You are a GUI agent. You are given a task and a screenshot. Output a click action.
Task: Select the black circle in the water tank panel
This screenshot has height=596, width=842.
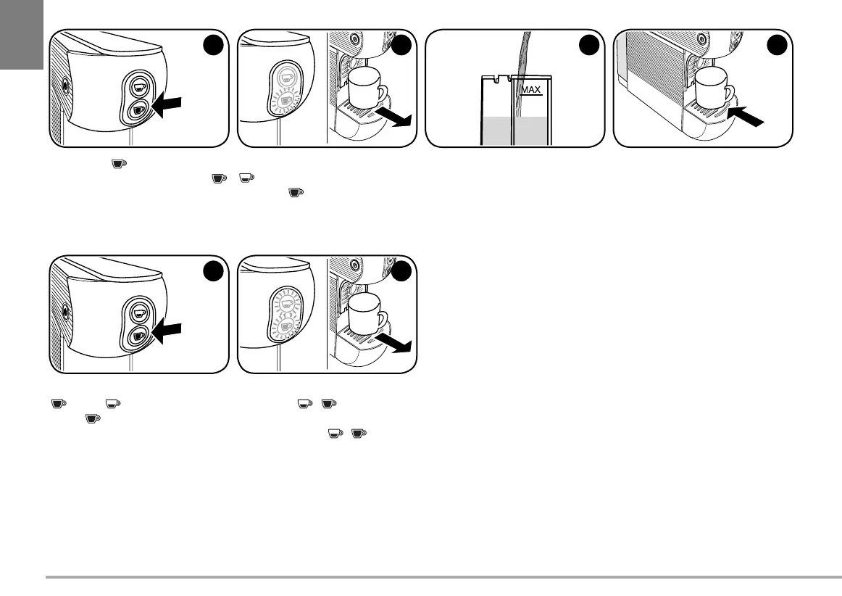pyautogui.click(x=591, y=44)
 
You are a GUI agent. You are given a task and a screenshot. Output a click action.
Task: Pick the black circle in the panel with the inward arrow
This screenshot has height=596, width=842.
pyautogui.click(x=779, y=44)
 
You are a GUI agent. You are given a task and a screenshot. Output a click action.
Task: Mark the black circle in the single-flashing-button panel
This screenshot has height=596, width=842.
pyautogui.click(x=402, y=44)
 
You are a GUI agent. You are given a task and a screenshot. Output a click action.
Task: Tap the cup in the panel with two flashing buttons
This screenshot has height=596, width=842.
pyautogui.click(x=365, y=313)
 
